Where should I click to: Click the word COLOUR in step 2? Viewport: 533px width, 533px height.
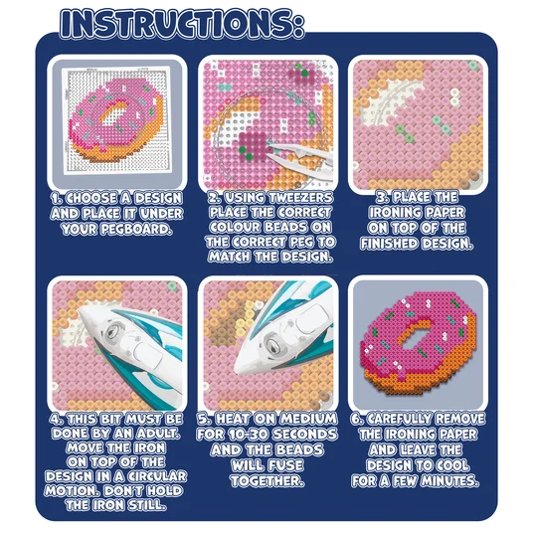coord(235,227)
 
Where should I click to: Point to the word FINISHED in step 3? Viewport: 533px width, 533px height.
coord(390,244)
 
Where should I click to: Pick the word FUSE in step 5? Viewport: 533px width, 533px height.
coord(284,465)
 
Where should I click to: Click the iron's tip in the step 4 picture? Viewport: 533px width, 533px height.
coord(79,310)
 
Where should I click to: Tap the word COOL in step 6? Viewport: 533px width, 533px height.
coord(452,465)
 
